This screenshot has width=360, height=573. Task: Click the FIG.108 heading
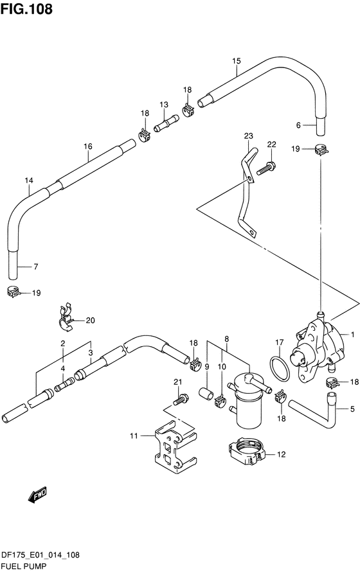26,9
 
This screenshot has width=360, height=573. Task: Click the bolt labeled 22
265,168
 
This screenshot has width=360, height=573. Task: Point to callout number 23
248,136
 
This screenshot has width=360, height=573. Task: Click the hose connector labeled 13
166,123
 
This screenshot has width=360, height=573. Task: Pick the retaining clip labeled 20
66,317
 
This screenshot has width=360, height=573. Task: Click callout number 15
237,60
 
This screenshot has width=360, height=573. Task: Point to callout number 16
88,146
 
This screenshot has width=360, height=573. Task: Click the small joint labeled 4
64,383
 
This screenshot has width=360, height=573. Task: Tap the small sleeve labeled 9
206,394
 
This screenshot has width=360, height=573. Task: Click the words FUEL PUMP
23,566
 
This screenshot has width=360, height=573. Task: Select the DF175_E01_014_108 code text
40,555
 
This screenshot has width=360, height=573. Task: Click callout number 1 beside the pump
352,334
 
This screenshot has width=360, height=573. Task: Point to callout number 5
352,409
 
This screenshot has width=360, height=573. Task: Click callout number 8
227,339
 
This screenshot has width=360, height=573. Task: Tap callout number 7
35,267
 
